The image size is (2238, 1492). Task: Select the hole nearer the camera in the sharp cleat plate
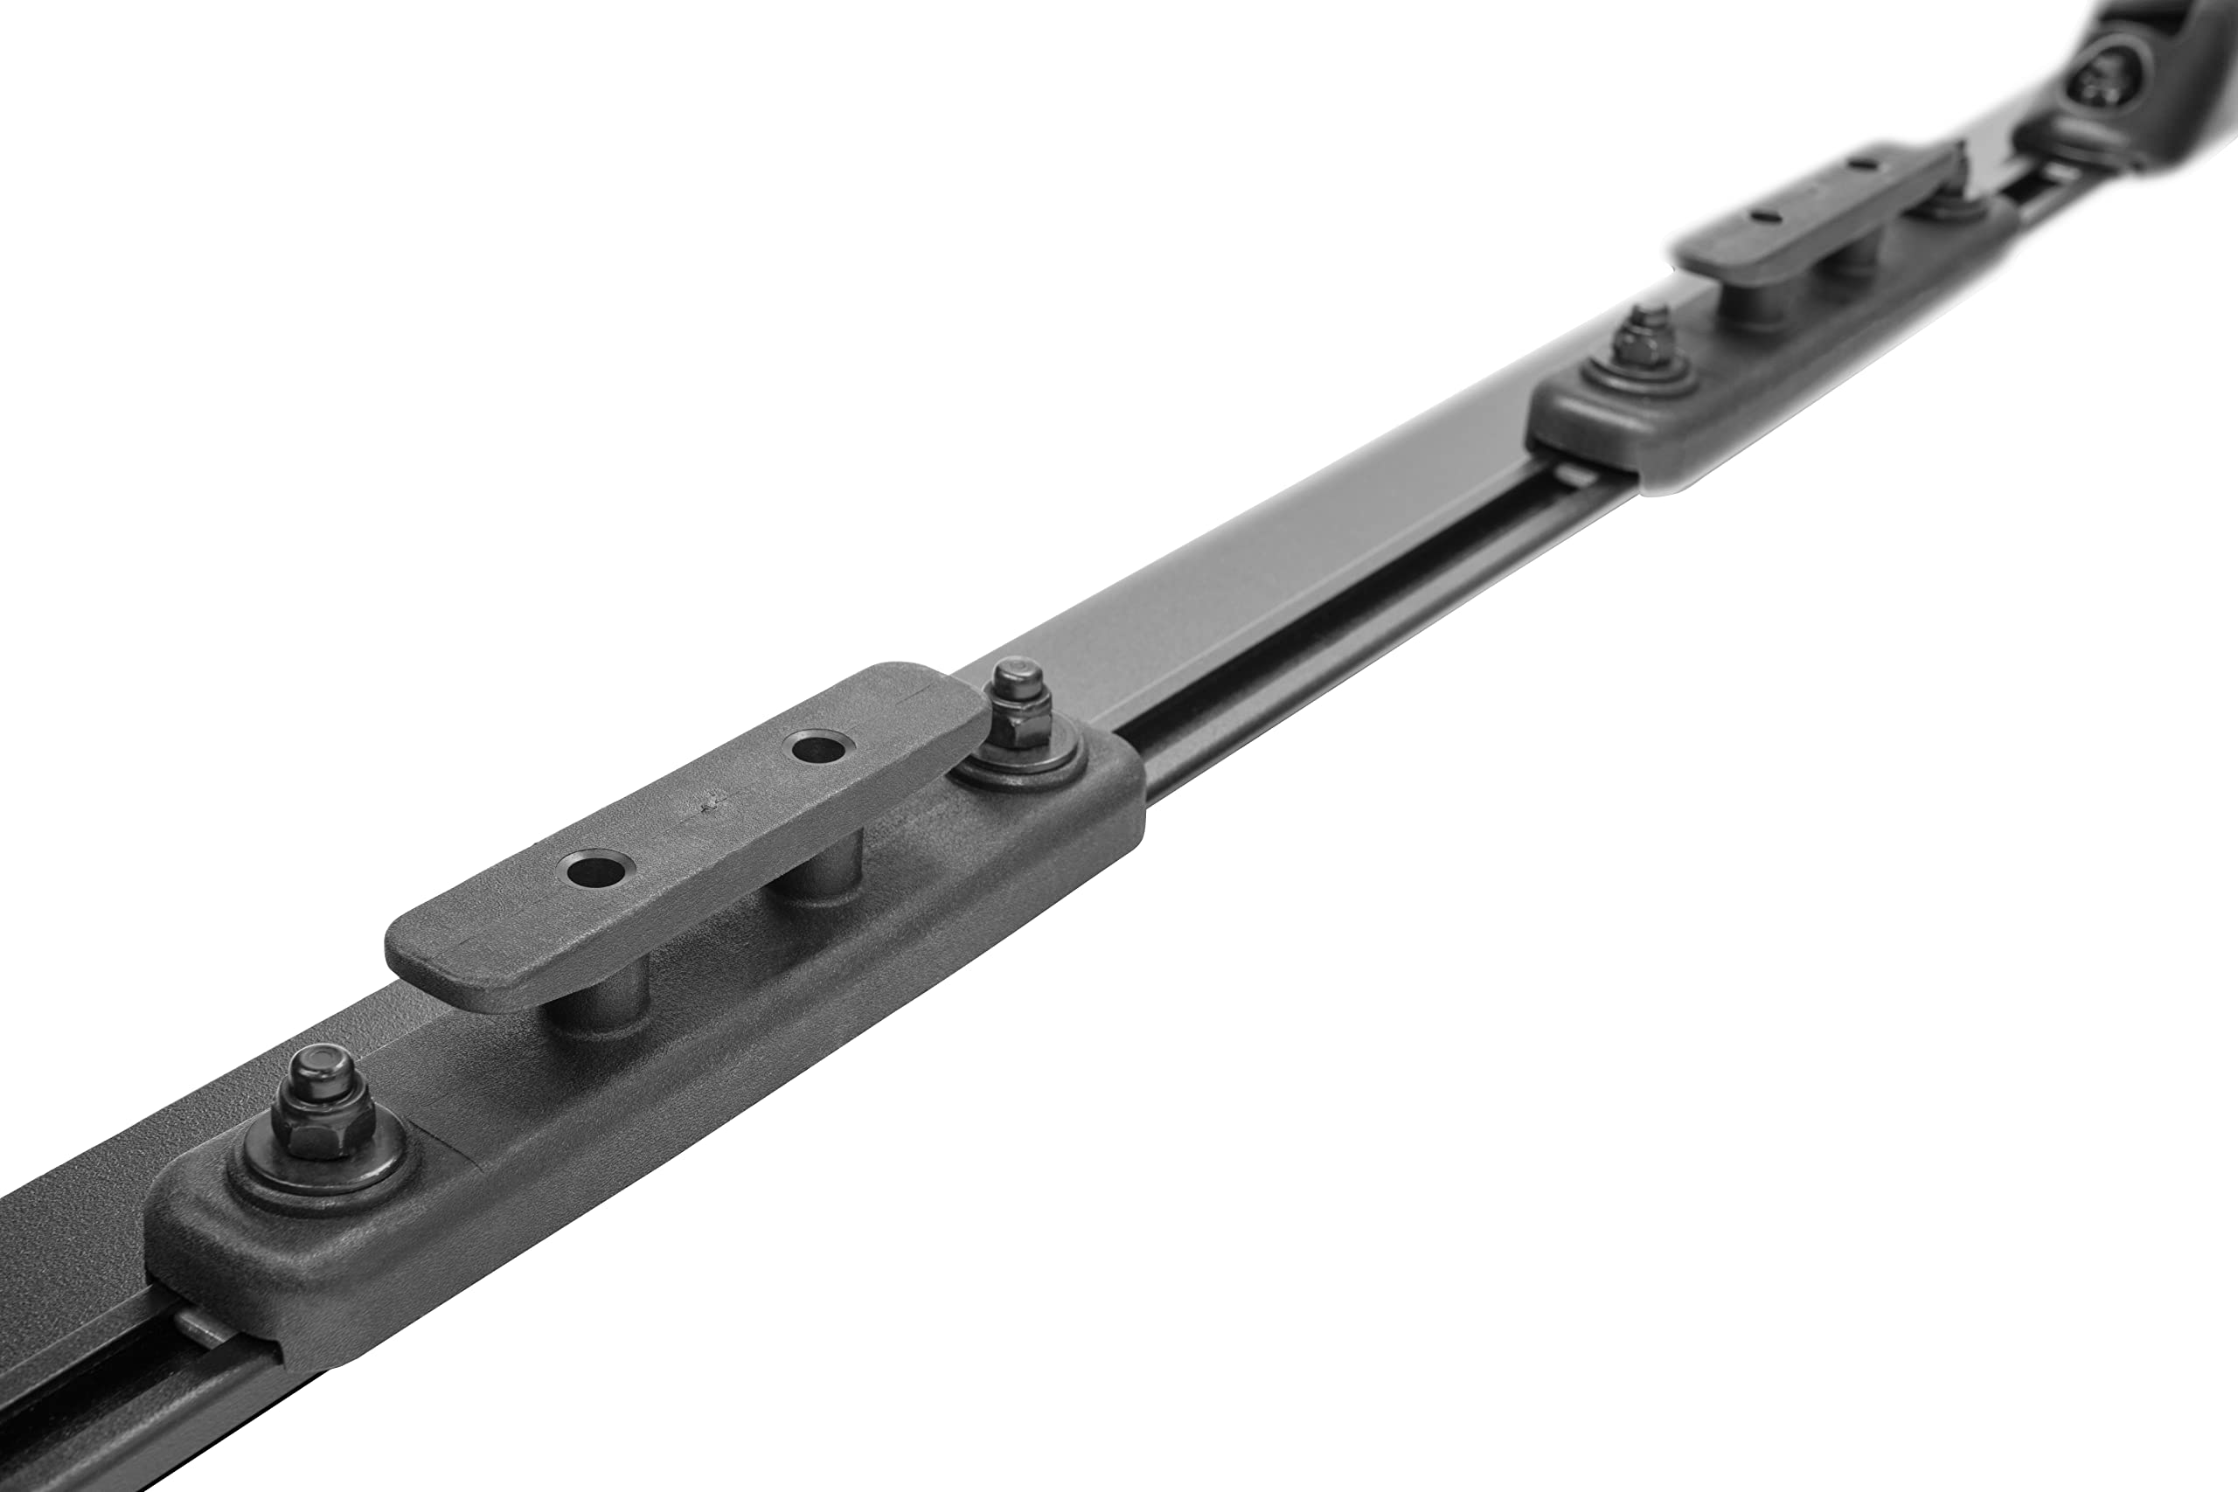click(x=596, y=868)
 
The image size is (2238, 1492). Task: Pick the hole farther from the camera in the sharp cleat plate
click(x=817, y=748)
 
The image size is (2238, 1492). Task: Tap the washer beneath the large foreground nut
click(x=323, y=1180)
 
